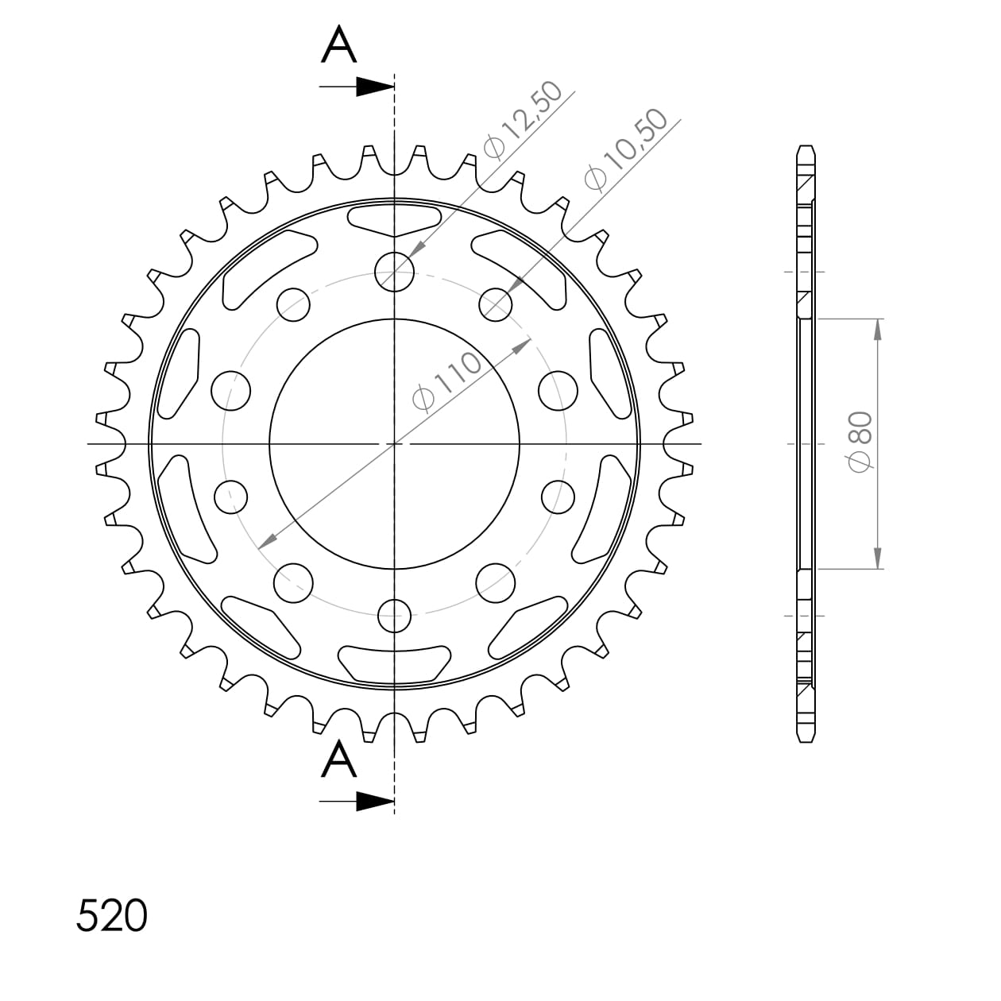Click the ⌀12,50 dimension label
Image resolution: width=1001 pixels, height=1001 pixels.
tap(523, 120)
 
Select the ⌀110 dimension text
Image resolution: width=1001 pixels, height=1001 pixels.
tap(447, 381)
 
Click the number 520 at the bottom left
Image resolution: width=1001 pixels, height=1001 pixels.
tap(112, 916)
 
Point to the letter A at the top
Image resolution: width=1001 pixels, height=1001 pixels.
tap(339, 45)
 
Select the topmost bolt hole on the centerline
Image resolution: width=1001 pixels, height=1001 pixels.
tap(395, 271)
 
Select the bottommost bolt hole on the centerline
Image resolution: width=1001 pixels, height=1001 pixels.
tap(395, 614)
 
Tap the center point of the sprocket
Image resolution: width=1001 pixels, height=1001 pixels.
tap(395, 443)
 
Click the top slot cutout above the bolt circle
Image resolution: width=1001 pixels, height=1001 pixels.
tap(395, 218)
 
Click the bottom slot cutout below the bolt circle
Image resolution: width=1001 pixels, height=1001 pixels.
tap(395, 664)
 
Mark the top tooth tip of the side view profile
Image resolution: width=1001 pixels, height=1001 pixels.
tap(806, 149)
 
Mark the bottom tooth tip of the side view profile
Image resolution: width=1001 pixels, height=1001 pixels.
tap(806, 740)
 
